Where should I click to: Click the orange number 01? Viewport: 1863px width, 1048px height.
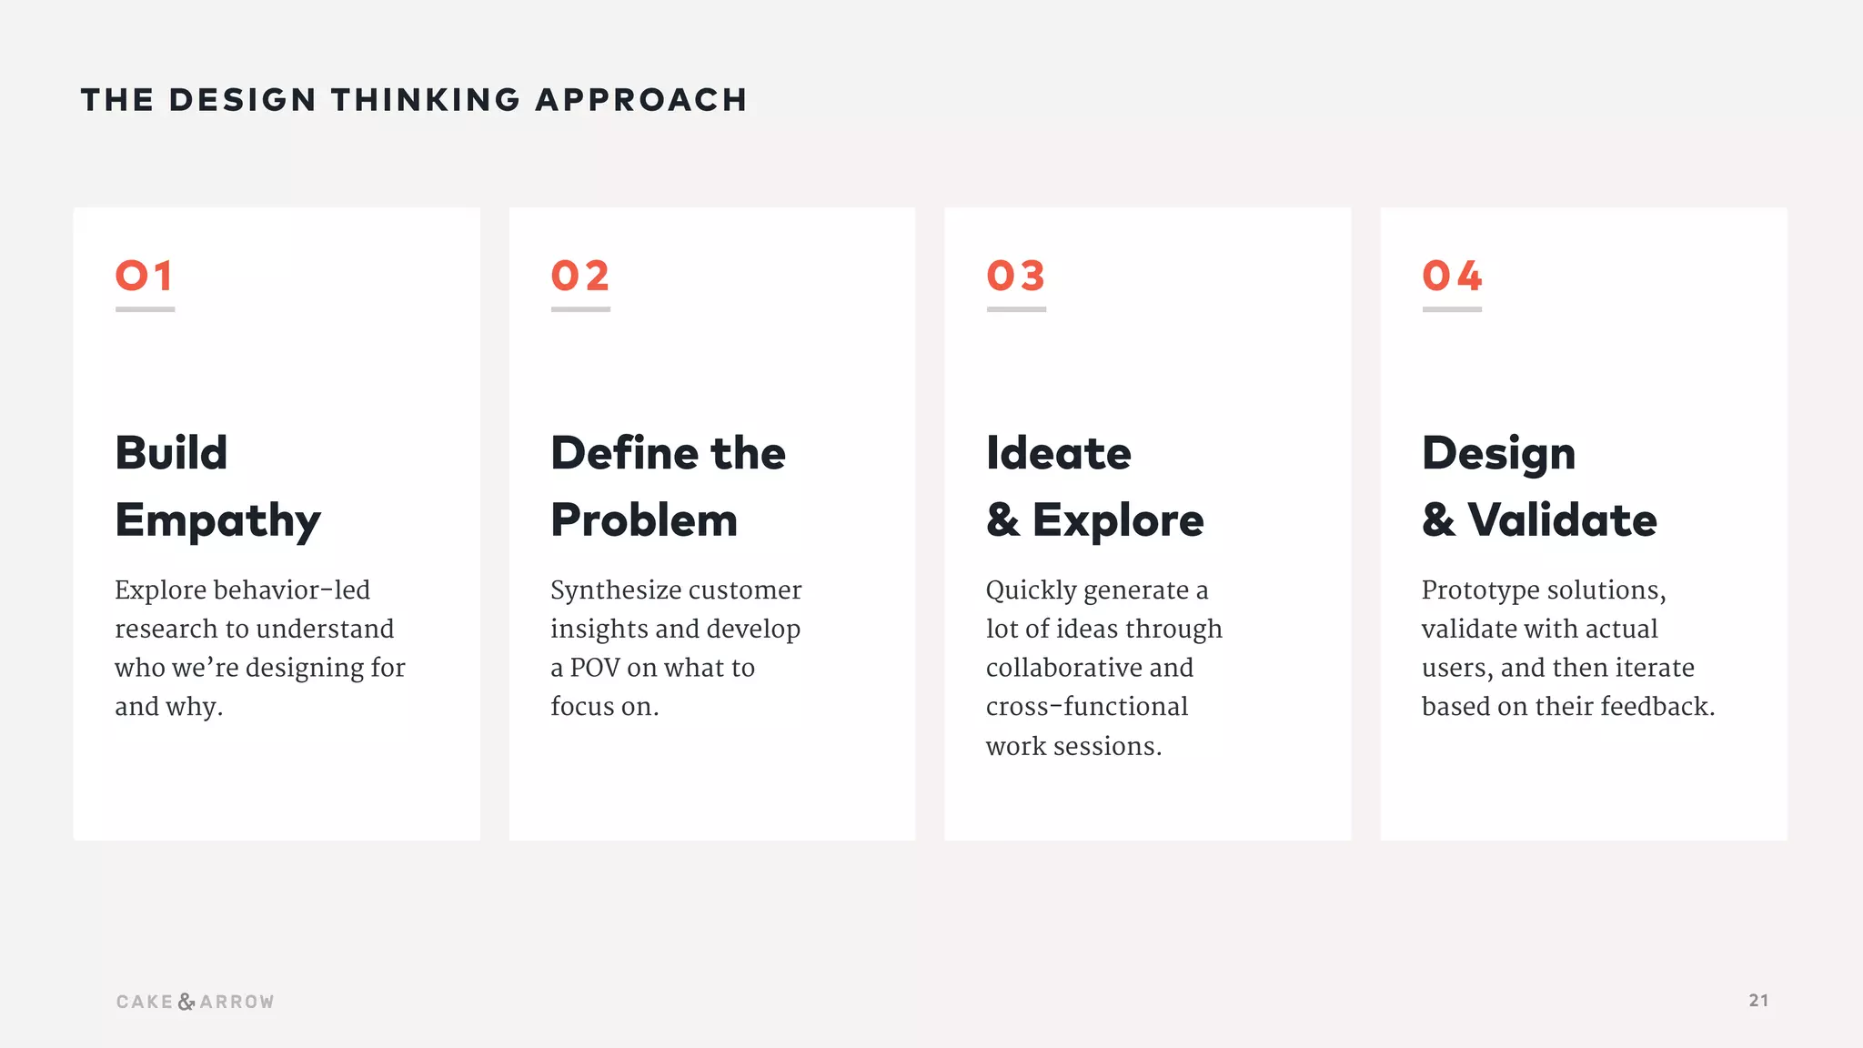144,276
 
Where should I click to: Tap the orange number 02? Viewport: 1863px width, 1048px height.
579,276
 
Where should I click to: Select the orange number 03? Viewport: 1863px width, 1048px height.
1015,276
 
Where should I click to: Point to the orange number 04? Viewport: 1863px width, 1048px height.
1452,276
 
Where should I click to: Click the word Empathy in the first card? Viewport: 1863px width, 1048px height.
217,521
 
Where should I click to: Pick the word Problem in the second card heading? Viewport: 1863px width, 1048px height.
644,520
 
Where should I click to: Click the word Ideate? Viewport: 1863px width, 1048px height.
1059,453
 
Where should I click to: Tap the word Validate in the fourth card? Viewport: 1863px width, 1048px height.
1562,520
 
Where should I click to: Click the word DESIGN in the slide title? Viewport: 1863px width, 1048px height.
242,100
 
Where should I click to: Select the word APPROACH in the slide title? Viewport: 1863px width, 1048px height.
641,100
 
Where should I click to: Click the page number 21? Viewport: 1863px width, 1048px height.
1758,1001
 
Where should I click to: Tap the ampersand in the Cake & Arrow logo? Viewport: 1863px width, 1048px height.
186,1002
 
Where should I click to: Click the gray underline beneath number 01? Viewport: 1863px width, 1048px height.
145,309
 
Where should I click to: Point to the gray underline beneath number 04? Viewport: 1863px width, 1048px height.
1452,309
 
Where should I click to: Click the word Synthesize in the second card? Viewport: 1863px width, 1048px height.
619,590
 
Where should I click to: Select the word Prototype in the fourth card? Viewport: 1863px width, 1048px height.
1480,590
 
